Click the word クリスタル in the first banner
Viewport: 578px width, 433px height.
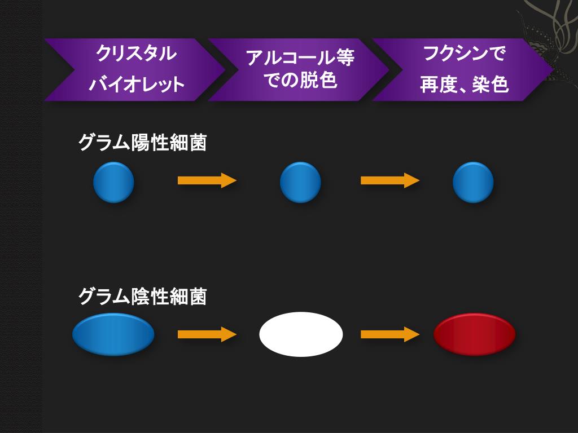[136, 55]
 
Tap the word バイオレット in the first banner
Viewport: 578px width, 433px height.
[137, 85]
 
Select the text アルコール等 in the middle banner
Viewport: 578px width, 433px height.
[300, 58]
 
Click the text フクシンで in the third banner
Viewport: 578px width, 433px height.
[465, 55]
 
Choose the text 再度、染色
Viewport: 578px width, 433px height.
[465, 85]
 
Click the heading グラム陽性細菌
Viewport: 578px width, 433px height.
[142, 143]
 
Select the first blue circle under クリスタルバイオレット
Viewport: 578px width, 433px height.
[113, 182]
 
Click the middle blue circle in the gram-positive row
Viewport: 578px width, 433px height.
[300, 182]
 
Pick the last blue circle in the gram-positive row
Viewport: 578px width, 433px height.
[473, 182]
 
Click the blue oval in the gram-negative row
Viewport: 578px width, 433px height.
[113, 334]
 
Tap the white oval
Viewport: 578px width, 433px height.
[301, 334]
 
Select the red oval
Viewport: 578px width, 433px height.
[475, 334]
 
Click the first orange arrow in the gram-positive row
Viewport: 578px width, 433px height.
[207, 180]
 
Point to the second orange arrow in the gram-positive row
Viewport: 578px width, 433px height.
[389, 180]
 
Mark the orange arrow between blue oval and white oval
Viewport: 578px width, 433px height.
[207, 334]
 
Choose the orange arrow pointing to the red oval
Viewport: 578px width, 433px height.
[389, 334]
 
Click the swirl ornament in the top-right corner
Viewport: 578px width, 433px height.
[550, 25]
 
